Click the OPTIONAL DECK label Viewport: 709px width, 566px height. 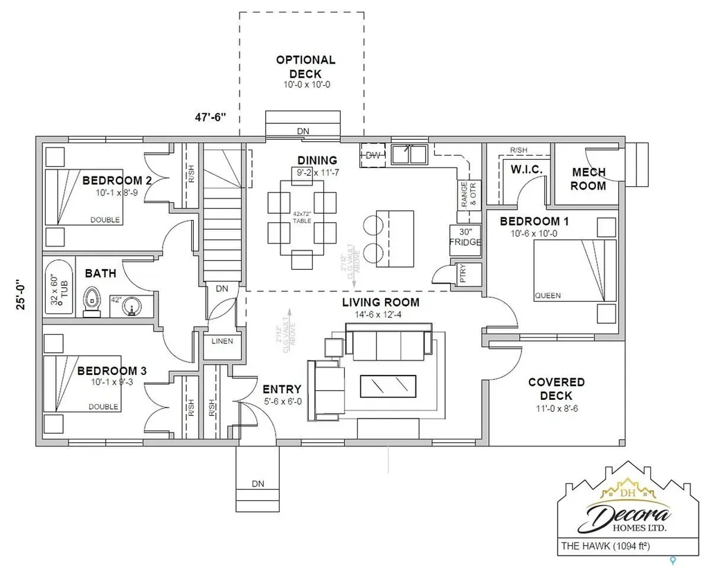click(x=305, y=66)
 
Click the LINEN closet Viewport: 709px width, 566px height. click(x=222, y=342)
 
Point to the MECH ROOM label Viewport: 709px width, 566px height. click(x=589, y=179)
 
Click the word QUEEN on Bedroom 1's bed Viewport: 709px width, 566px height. click(x=548, y=295)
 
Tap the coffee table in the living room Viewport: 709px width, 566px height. click(x=388, y=386)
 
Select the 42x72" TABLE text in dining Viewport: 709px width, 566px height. click(x=301, y=217)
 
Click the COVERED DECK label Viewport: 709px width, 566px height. click(x=556, y=388)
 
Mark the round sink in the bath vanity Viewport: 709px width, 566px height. click(x=131, y=306)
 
